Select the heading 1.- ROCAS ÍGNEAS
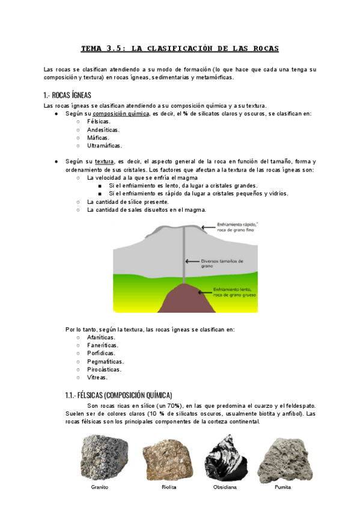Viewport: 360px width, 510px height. coord(67,95)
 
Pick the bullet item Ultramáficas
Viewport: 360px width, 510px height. coord(105,146)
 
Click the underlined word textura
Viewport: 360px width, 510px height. coord(104,162)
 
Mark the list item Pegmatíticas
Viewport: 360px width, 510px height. coord(105,361)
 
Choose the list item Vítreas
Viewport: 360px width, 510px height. coord(97,378)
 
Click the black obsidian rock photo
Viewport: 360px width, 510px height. coord(222,456)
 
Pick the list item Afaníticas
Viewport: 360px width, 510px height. coord(101,337)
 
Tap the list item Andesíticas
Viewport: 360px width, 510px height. coord(103,129)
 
